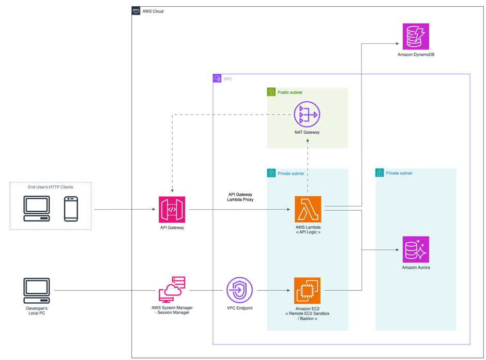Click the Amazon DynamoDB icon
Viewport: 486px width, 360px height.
[x=416, y=36]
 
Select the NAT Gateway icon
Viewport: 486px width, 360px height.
[x=307, y=114]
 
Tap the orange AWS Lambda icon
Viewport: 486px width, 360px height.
[x=308, y=209]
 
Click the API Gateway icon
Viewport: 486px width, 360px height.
[x=172, y=209]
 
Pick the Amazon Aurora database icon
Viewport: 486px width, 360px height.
[x=416, y=249]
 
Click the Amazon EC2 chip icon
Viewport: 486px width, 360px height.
[x=308, y=290]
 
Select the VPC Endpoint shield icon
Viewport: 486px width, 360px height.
[x=239, y=290]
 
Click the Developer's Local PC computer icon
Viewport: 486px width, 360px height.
[x=37, y=291]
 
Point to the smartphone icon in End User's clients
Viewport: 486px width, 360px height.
[x=71, y=209]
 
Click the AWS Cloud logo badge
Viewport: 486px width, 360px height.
[x=136, y=11]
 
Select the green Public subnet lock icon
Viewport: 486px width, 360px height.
[x=271, y=92]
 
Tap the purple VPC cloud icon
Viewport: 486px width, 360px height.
[x=217, y=79]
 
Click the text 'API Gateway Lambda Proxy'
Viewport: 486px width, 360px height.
[x=240, y=197]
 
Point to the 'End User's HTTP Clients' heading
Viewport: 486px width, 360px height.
[x=50, y=187]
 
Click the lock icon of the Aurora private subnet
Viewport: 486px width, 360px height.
[x=379, y=173]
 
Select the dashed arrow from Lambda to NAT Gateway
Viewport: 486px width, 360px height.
[x=308, y=170]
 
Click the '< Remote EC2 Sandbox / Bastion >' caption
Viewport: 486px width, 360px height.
[x=308, y=316]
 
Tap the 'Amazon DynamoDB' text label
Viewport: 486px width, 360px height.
[x=416, y=54]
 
